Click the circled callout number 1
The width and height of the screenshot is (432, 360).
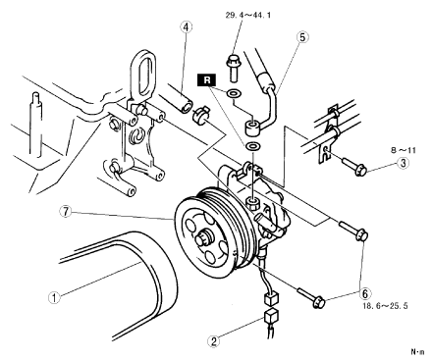pyautogui.click(x=54, y=297)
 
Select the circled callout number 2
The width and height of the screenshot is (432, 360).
pyautogui.click(x=214, y=341)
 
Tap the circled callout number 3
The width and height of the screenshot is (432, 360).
pyautogui.click(x=403, y=163)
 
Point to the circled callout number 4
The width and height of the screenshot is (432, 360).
pyautogui.click(x=186, y=27)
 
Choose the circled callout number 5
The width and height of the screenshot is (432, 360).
pyautogui.click(x=302, y=37)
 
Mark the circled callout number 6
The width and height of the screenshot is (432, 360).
pyautogui.click(x=365, y=293)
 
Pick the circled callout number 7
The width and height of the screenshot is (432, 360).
pyautogui.click(x=66, y=212)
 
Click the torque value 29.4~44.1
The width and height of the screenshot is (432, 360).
pyautogui.click(x=247, y=15)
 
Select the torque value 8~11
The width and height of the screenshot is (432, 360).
pyautogui.click(x=403, y=150)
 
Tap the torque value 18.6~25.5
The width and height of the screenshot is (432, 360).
pyautogui.click(x=385, y=306)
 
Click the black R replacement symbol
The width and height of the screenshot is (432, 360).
pyautogui.click(x=207, y=80)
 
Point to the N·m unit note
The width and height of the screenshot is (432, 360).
pyautogui.click(x=417, y=351)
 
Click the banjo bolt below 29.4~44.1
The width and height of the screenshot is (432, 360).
pyautogui.click(x=233, y=68)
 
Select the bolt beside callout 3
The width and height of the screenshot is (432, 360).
pyautogui.click(x=355, y=166)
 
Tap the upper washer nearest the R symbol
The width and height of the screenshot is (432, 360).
pyautogui.click(x=234, y=93)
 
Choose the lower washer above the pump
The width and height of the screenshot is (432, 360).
pyautogui.click(x=252, y=146)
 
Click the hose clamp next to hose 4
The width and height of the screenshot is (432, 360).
pyautogui.click(x=199, y=115)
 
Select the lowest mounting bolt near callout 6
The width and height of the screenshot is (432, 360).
pyautogui.click(x=311, y=297)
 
